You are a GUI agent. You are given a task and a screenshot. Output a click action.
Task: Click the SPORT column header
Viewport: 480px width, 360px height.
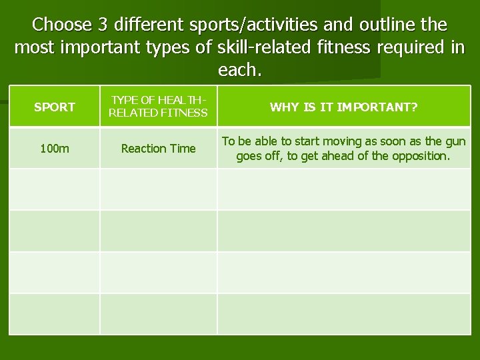54,107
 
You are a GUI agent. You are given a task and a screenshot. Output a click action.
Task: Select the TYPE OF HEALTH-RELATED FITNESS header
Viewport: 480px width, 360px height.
158,107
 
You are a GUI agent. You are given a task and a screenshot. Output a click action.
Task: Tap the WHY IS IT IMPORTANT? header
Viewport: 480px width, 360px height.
343,107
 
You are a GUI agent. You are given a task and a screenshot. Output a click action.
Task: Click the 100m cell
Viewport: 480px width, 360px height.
54,149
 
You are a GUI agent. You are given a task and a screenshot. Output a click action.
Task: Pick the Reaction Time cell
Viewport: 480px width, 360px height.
158,149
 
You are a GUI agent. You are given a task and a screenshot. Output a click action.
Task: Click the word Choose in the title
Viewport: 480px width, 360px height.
61,25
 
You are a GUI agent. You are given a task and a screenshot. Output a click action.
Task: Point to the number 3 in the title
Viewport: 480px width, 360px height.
103,25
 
